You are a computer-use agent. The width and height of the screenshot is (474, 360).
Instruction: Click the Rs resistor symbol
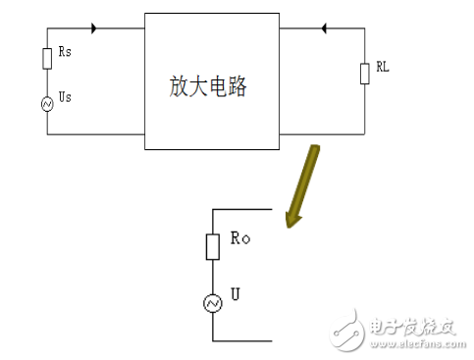46,59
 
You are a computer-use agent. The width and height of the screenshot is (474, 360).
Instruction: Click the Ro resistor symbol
212,246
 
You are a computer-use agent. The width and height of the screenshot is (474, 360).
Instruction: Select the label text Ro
239,238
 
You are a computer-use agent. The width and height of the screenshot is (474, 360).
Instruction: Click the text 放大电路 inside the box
208,86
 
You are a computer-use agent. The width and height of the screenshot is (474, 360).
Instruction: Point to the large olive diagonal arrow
300,186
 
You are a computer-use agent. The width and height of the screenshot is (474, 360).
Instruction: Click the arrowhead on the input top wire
94,27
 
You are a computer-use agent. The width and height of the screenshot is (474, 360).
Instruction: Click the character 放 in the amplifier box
179,86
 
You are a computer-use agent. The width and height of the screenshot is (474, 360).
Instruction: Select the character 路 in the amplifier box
237,86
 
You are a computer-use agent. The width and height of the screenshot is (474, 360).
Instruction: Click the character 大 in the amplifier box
198,86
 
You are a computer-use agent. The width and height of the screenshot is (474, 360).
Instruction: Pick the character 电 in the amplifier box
218,86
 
